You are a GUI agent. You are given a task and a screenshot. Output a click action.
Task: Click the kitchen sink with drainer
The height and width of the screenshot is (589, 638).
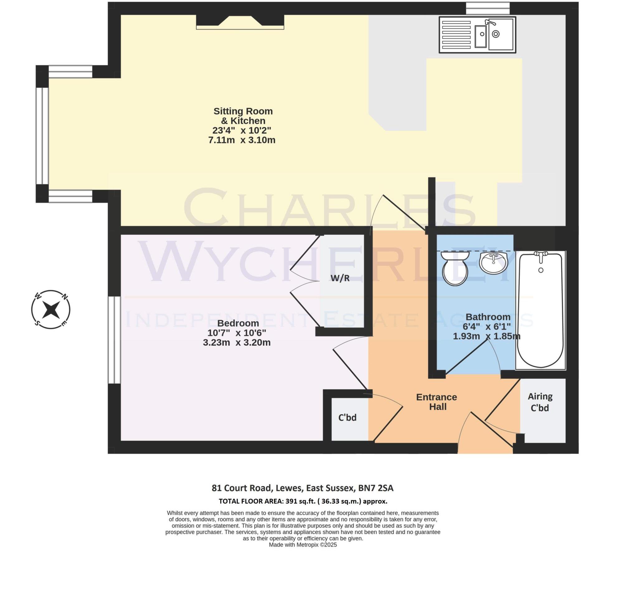[x=477, y=35]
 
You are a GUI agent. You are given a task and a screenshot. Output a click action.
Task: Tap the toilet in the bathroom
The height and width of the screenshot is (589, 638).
[x=455, y=267]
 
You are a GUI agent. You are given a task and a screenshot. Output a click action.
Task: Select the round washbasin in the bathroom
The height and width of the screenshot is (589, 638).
[x=493, y=262]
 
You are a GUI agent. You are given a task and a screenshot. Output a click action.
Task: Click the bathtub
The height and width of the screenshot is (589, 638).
[x=540, y=310]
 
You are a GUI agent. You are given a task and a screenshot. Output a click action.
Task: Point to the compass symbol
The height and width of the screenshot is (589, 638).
[x=51, y=310]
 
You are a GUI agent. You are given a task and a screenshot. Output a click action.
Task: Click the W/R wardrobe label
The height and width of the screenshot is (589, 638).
[x=340, y=278]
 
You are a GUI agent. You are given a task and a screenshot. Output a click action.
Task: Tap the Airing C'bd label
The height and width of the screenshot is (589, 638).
[x=540, y=402]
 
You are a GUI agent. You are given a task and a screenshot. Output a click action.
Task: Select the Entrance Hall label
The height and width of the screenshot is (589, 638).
[x=436, y=402]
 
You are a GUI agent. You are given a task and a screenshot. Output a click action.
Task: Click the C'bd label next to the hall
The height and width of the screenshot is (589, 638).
[x=347, y=417]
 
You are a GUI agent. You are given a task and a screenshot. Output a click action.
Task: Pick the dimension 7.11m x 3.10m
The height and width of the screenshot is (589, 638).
[x=242, y=140]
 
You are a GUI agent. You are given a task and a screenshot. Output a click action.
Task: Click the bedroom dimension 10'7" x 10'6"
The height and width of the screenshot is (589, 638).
[x=236, y=333]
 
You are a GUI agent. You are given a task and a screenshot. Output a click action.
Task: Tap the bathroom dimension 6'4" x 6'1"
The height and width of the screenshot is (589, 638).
[x=487, y=326]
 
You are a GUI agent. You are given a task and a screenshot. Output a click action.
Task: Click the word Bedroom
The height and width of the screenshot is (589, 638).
[x=238, y=323]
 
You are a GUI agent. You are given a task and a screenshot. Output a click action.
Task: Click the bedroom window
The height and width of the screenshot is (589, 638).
[x=114, y=340]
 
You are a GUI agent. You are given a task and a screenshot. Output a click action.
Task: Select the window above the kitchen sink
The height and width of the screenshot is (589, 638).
[x=488, y=8]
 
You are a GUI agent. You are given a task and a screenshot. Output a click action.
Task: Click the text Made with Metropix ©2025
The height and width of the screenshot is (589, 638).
[x=302, y=545]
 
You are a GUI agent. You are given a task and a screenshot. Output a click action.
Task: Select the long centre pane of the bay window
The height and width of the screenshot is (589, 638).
[x=42, y=136]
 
